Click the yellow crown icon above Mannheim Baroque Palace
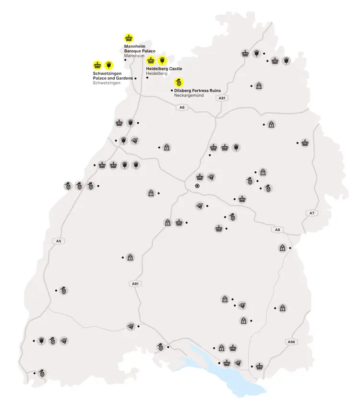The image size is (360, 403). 129,37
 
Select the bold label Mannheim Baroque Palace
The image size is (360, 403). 140,48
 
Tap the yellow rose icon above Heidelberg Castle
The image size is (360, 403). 162,60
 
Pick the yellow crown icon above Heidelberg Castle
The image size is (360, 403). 151,60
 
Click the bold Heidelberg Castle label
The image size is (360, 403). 164,69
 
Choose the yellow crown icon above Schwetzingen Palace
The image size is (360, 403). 97,65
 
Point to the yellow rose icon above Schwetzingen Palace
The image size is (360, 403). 109,65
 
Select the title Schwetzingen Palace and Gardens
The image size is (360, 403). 112,76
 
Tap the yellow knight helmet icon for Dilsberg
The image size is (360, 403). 178,82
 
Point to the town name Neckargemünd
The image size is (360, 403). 189,95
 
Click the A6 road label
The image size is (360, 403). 182,107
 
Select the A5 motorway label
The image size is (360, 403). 59,240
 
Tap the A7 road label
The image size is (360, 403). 311,213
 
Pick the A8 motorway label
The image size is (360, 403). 277,230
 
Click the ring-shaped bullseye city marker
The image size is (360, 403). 197,186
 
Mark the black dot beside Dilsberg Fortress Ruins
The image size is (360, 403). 171,90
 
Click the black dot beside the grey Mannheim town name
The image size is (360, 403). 125,60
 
